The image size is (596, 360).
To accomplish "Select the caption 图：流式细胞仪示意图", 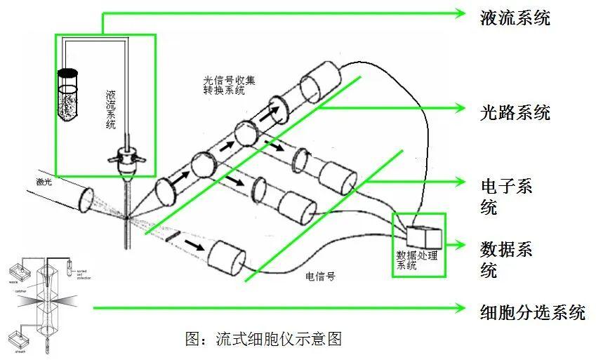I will [263, 339].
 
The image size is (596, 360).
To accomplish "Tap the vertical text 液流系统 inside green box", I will [110, 109].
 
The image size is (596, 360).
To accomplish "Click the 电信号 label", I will [321, 276].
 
